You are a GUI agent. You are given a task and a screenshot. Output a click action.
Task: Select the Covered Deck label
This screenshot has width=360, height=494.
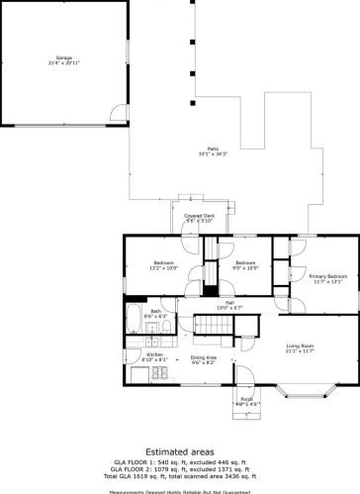pyautogui.click(x=188, y=215)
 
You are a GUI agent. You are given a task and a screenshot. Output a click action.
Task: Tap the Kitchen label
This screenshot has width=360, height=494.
pyautogui.click(x=155, y=353)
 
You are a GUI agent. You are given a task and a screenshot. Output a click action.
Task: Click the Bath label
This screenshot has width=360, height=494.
pyautogui.click(x=156, y=311)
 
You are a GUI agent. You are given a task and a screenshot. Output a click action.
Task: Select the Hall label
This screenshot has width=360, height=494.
pyautogui.click(x=228, y=302)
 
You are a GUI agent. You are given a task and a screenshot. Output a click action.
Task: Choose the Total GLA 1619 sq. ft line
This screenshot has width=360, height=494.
pyautogui.click(x=180, y=476)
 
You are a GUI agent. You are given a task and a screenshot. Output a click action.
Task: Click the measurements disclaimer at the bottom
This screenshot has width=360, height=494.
pyautogui.click(x=180, y=489)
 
